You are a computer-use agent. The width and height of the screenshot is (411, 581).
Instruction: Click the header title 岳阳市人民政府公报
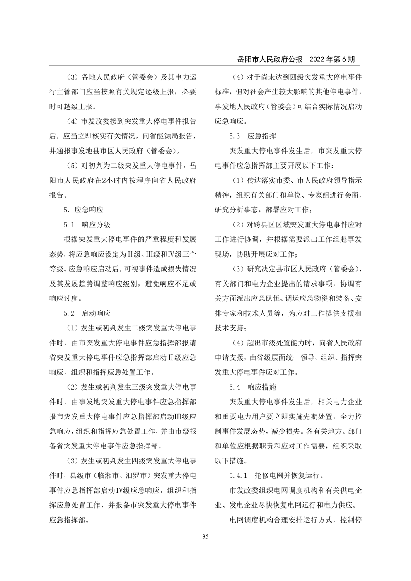click(x=264, y=59)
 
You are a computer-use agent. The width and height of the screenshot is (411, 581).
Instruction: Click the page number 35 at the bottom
click(x=205, y=537)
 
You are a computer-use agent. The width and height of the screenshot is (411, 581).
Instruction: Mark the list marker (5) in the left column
click(x=73, y=166)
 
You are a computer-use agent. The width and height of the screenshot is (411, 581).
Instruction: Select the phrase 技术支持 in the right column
click(x=229, y=328)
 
